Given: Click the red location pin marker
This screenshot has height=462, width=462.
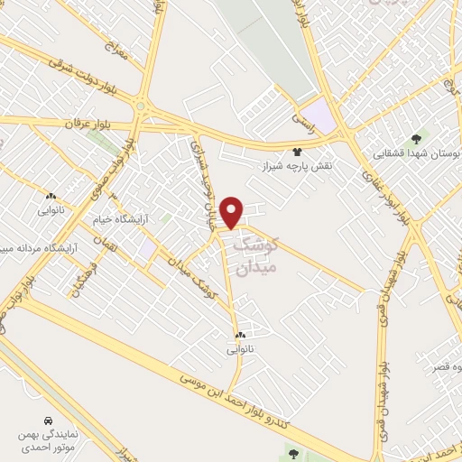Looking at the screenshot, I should coord(232,211).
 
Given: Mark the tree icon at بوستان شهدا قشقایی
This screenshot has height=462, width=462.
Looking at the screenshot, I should coord(415,139).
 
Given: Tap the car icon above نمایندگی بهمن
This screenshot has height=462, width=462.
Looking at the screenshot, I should coord(46,420).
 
